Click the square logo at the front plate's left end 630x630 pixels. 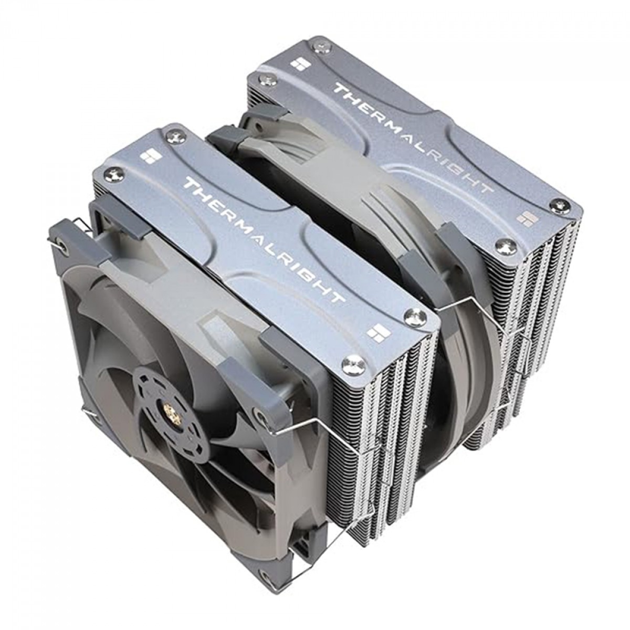tap(145, 157)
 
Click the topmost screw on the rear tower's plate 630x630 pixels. tap(319, 48)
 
